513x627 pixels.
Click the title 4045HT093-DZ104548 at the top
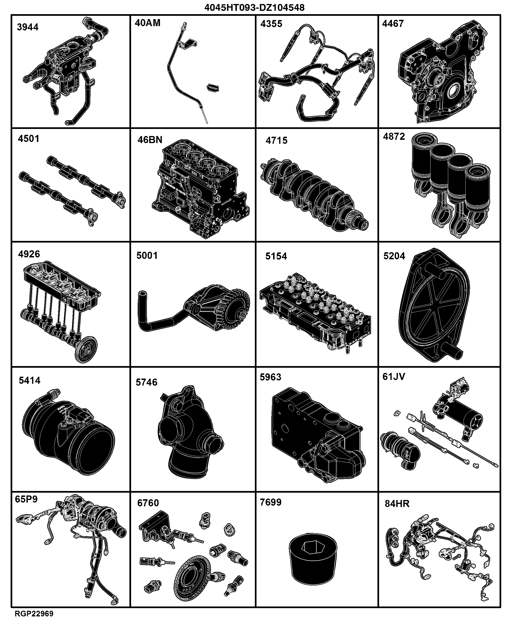coord(254,7)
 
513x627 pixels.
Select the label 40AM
coord(147,23)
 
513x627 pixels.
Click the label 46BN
coord(150,140)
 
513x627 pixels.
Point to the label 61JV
coord(394,376)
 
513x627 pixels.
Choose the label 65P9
coord(26,499)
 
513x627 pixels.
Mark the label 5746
coord(147,382)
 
